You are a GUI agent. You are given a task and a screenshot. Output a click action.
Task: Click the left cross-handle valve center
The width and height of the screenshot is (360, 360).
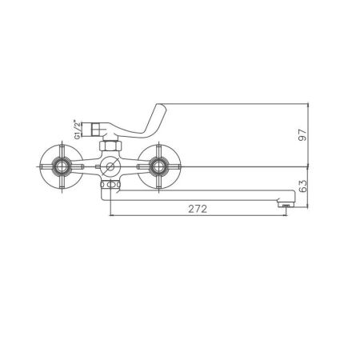pyautogui.click(x=61, y=167)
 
